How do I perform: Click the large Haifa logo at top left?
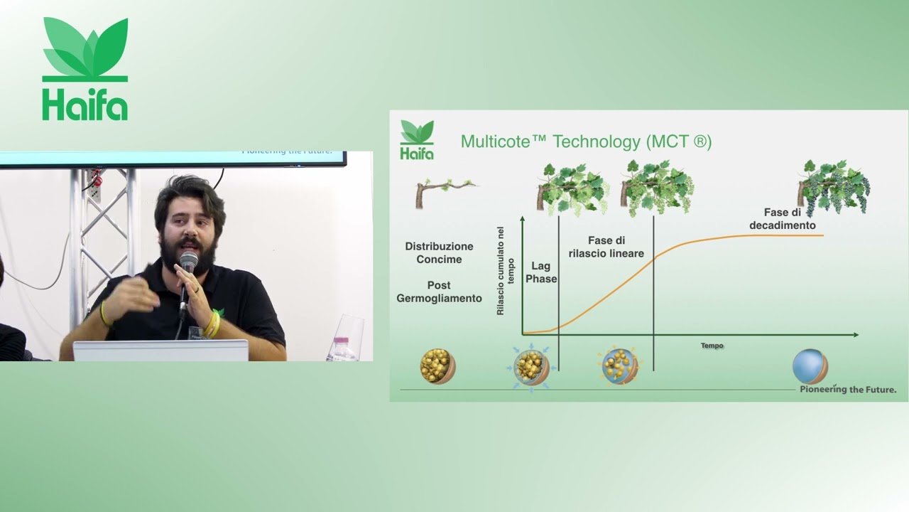85,69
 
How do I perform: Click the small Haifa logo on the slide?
417,139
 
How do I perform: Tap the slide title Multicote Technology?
586,142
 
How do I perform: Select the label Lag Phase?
541,272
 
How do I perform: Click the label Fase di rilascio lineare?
606,247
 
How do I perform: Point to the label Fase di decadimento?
783,218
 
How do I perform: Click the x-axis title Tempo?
712,346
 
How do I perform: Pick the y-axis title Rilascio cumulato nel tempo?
505,271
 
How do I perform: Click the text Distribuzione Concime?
439,252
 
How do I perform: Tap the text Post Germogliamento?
439,292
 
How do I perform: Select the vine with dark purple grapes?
834,188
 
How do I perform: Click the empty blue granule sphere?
810,366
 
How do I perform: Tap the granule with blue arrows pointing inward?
531,368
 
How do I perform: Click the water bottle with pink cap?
342,349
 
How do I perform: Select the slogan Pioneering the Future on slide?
848,389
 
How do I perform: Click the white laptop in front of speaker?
160,351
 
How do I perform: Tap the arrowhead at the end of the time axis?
856,335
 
